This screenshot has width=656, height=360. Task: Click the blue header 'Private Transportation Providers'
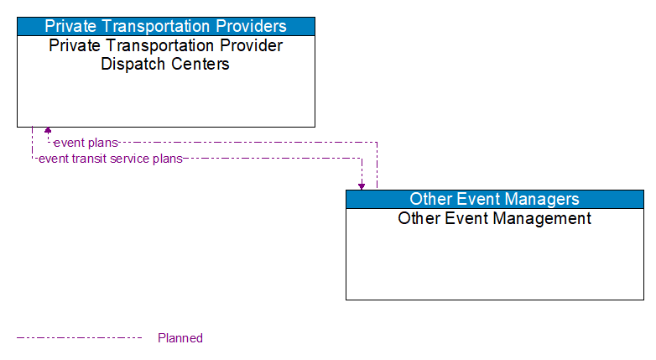point(165,26)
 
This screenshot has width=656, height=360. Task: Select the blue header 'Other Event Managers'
point(494,199)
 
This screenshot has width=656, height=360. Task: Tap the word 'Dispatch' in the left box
point(132,64)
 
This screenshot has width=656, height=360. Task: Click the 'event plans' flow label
point(86,143)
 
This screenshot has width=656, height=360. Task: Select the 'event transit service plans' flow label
point(110,159)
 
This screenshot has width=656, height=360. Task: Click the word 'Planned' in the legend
point(180,338)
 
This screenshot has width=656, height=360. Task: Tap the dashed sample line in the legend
point(80,338)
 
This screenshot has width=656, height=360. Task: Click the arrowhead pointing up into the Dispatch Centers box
point(48,131)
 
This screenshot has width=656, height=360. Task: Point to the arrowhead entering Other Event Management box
point(362,185)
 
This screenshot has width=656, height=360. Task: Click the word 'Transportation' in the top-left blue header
point(155,26)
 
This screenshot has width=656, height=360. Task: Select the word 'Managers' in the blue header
point(542,199)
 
